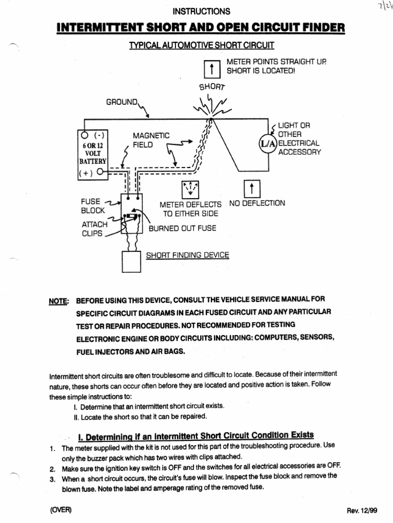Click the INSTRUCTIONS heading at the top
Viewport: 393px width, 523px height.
(201, 11)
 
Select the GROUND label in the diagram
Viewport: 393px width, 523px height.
(122, 102)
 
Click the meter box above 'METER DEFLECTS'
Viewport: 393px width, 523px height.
(190, 189)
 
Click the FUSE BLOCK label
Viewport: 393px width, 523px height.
(93, 206)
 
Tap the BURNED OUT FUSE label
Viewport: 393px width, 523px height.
(182, 228)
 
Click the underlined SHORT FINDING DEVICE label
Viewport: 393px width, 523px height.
(187, 255)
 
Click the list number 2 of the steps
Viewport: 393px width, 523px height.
(52, 468)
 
